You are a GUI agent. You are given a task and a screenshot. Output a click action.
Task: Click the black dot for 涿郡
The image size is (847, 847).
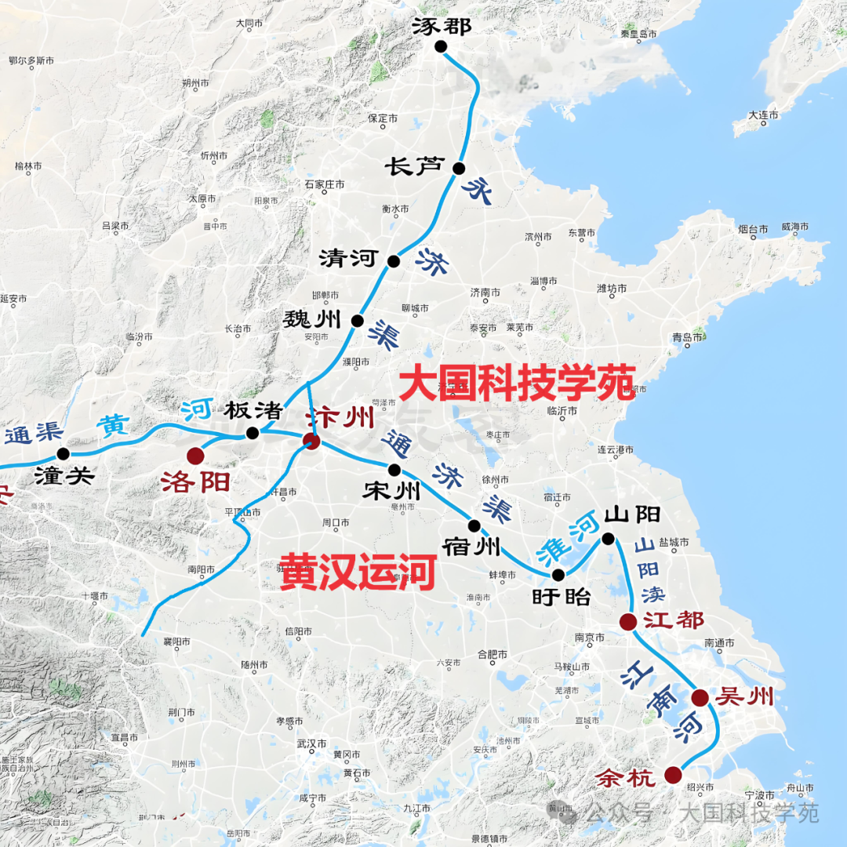[x=441, y=47]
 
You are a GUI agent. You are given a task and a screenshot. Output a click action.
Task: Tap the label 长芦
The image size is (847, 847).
[x=414, y=166]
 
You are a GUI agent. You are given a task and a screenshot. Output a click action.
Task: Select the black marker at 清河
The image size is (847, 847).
[x=394, y=261]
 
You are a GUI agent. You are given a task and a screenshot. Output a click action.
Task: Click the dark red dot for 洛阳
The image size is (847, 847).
[x=195, y=456]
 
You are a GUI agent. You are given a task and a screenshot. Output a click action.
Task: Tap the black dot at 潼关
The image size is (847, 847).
[x=64, y=453]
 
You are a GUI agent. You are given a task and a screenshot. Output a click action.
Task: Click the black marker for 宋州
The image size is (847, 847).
[x=394, y=470]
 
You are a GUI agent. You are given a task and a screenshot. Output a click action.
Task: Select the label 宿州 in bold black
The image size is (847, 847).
[x=471, y=547]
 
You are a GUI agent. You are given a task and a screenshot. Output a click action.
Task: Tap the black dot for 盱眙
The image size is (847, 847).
[x=558, y=574]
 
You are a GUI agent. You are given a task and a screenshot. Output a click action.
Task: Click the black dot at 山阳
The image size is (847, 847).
[x=608, y=538]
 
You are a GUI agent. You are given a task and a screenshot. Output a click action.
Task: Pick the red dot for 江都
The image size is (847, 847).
[x=627, y=622]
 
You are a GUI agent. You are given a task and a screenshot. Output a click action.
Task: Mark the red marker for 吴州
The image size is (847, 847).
[x=700, y=697]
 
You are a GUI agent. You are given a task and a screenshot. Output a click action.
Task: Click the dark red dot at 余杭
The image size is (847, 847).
[x=673, y=775]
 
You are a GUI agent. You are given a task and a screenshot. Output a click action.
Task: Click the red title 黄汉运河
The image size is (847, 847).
[x=358, y=572]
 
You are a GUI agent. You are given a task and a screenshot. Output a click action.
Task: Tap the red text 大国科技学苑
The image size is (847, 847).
[x=517, y=383]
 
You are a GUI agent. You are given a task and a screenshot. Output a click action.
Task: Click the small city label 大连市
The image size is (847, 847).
[x=763, y=115]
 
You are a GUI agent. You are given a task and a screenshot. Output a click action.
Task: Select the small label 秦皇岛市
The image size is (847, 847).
[x=638, y=35]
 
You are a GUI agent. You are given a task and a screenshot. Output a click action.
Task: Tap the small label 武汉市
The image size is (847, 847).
[x=312, y=743]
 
